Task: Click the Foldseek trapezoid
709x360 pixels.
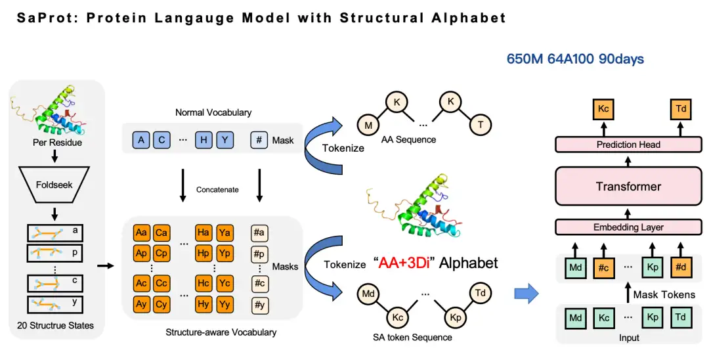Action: click(54, 184)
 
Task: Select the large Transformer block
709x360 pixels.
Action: click(628, 186)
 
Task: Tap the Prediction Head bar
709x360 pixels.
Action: click(628, 145)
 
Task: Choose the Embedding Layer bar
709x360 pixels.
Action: click(628, 227)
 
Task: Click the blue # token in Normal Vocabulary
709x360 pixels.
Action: click(259, 140)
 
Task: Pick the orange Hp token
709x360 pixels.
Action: click(204, 254)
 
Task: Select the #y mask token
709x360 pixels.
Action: click(259, 305)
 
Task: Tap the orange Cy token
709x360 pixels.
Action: click(161, 305)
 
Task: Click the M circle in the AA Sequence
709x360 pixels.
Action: click(368, 125)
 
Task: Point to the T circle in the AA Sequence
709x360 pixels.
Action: click(480, 125)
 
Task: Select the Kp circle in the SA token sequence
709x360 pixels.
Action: click(456, 317)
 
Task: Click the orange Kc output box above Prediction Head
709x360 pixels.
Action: click(603, 109)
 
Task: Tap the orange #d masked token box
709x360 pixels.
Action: click(681, 267)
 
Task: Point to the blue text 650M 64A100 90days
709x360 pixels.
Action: click(575, 58)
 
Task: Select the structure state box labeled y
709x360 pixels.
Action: click(55, 304)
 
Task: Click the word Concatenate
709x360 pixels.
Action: click(217, 189)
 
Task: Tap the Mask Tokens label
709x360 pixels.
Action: click(664, 295)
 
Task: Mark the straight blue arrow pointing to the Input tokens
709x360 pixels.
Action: click(526, 294)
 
